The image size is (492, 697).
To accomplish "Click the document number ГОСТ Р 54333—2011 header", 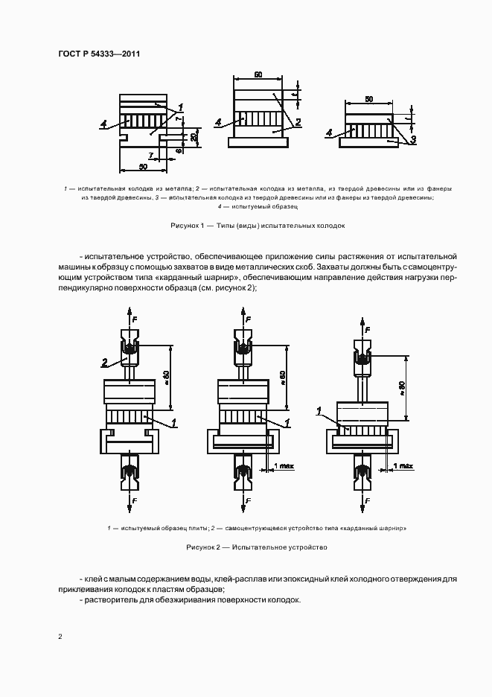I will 99,54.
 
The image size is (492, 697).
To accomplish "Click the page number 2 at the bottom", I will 60,636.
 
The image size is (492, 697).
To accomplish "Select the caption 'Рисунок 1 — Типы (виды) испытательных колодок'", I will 258,225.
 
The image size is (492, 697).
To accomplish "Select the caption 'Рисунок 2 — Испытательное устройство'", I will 258,547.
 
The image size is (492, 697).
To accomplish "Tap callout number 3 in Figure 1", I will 413,139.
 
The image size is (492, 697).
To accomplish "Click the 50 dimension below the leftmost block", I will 143,165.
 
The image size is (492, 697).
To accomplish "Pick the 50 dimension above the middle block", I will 258,75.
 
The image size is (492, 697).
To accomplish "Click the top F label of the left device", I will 136,318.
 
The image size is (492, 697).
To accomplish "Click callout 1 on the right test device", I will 319,410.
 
